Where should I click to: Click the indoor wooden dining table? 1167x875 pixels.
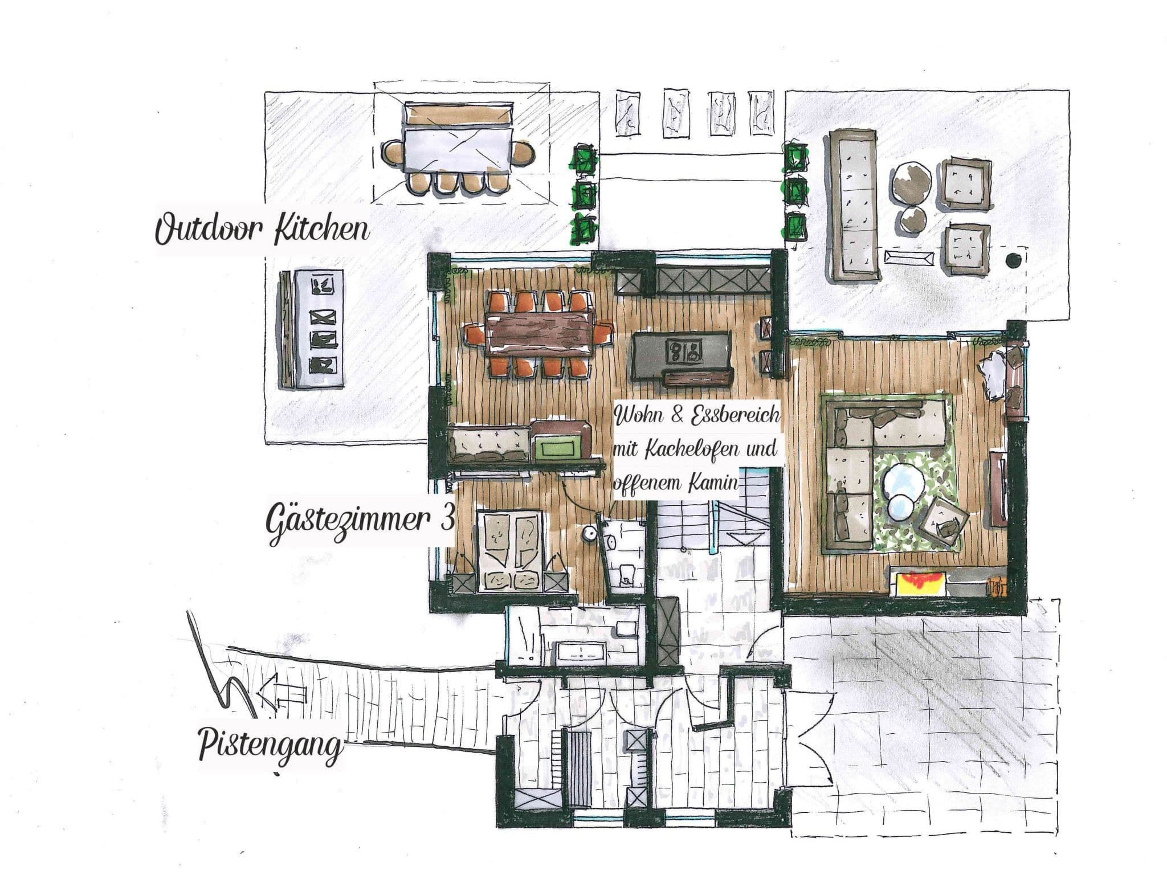point(540,336)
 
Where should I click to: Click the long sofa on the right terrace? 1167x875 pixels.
point(855,205)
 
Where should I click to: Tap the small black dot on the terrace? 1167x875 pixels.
point(1013,260)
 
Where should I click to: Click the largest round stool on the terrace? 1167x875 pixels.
point(912,182)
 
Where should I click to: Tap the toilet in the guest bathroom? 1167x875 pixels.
point(626,574)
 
